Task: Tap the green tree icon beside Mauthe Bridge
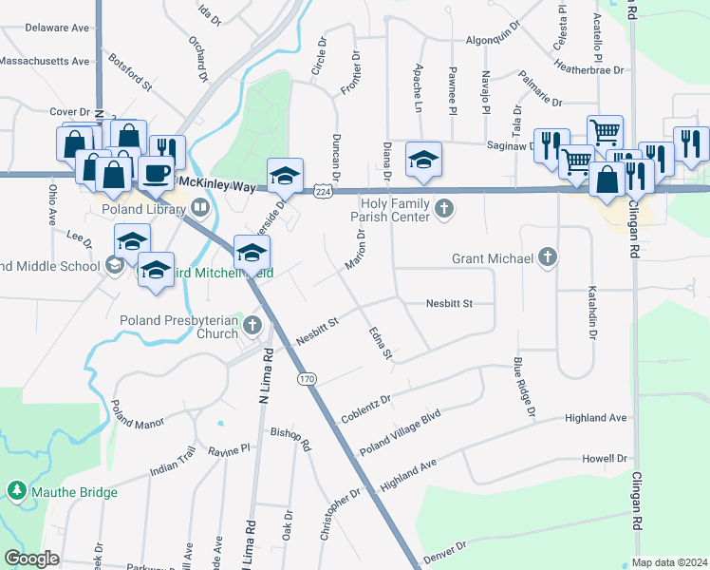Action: [x=16, y=491]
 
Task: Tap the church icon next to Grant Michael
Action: [x=547, y=256]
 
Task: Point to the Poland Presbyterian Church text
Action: [x=178, y=327]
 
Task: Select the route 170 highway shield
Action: [x=306, y=379]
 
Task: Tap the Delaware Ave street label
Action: [x=57, y=28]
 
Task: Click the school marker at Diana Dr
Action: [x=423, y=159]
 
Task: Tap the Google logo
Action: [x=32, y=559]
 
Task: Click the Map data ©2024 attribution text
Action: [x=669, y=561]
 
